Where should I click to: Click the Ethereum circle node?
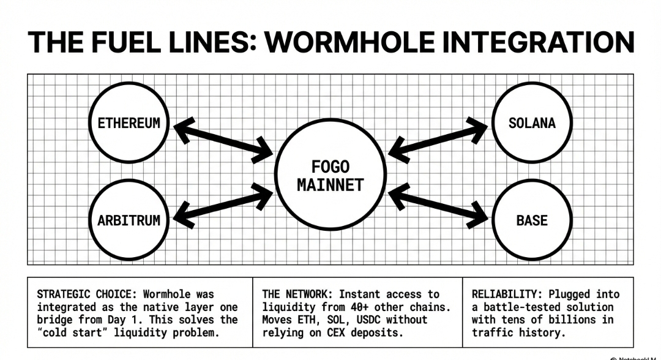(x=129, y=122)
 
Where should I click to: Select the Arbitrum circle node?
(x=129, y=220)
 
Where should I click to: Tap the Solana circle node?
(x=532, y=122)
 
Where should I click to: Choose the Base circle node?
(x=532, y=220)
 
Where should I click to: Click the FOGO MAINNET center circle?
(x=330, y=175)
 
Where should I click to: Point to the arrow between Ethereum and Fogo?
(x=223, y=139)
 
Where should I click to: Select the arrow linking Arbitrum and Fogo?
(x=223, y=205)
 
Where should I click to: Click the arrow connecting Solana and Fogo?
(x=438, y=139)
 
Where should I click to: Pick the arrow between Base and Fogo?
(x=438, y=205)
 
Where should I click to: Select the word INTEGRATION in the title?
(x=539, y=42)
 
